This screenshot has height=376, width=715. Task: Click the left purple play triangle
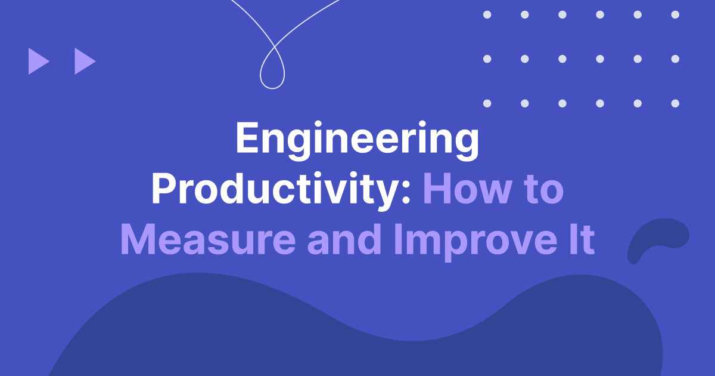pos(38,61)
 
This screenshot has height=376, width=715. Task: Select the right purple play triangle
pos(84,61)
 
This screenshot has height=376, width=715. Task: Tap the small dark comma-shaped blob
pos(655,239)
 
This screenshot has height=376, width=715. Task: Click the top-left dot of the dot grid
pos(487,14)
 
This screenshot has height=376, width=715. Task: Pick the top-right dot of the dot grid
pos(675,14)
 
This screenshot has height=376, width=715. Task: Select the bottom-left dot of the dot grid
pos(487,103)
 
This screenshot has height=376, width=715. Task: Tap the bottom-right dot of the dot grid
pos(675,103)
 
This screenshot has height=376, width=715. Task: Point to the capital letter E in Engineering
pos(248,140)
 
